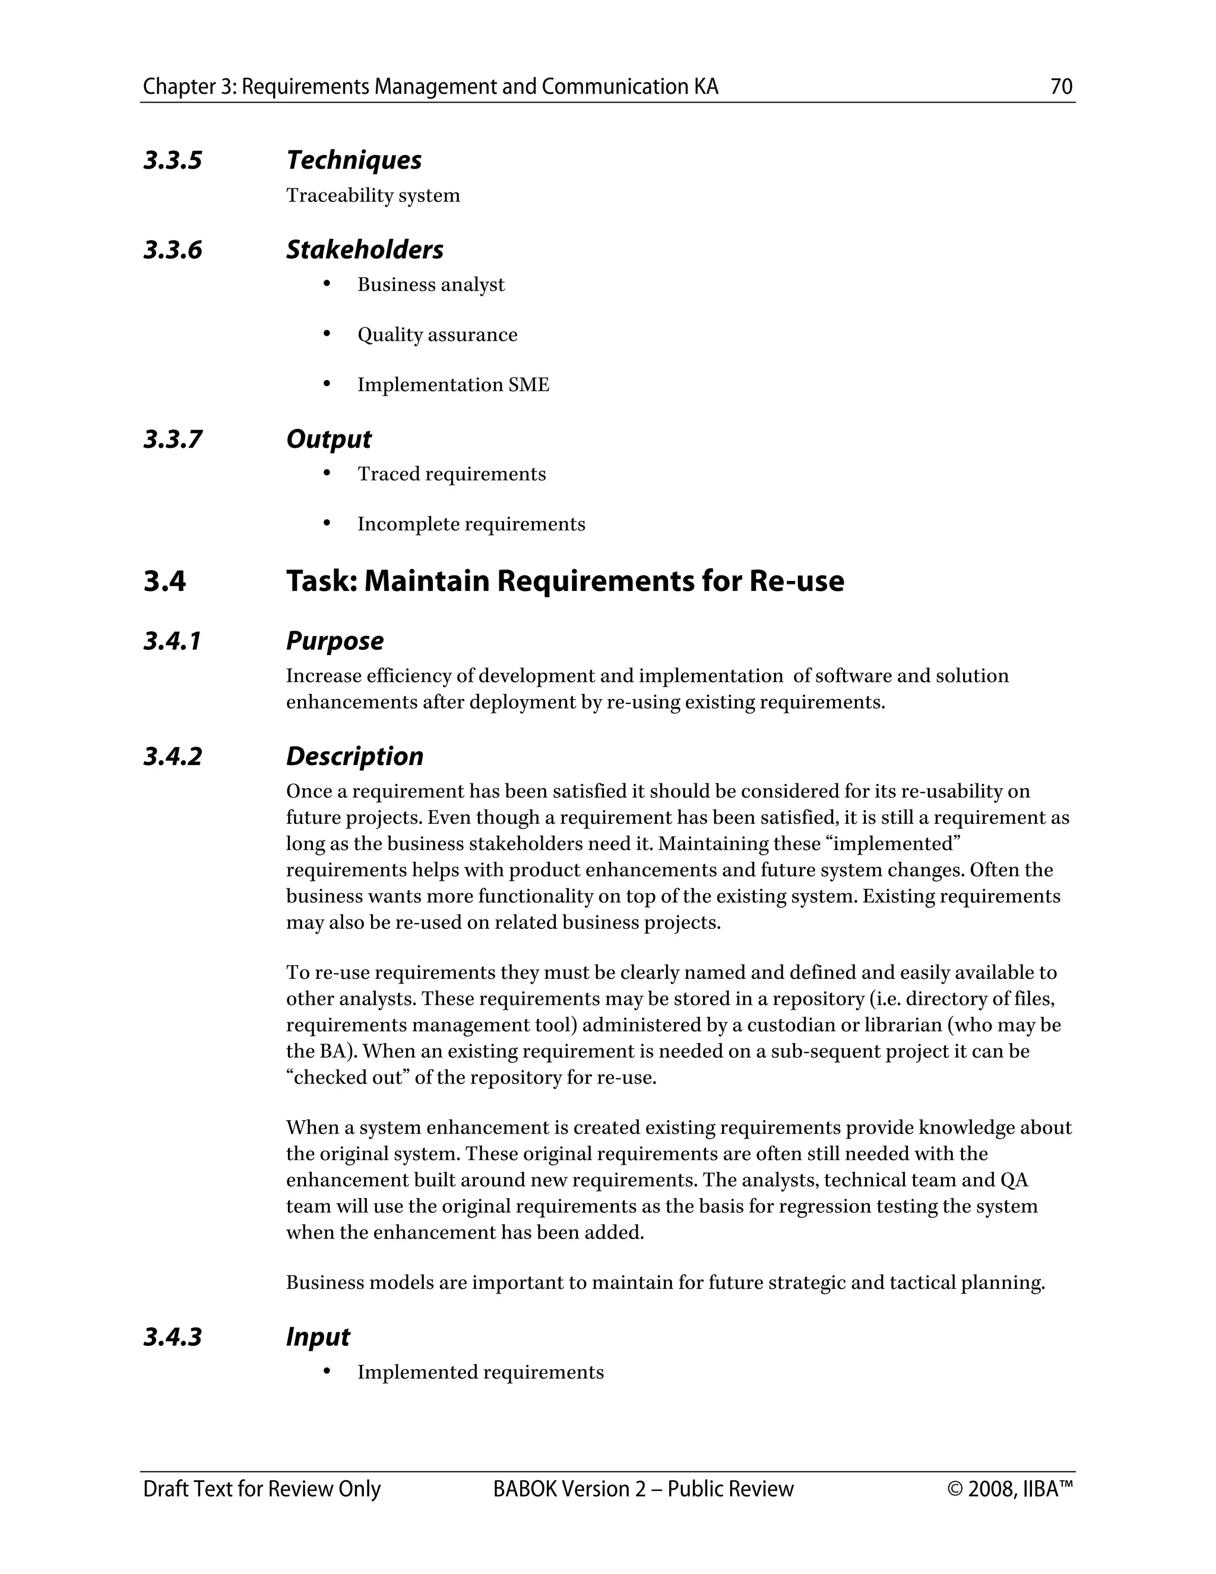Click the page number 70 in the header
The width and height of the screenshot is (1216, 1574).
tap(1061, 87)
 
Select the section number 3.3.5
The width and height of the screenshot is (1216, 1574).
tap(173, 160)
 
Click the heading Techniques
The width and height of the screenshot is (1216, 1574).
tap(354, 160)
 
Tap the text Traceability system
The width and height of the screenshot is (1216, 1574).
tap(372, 195)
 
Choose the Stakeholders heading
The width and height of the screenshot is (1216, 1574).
tap(365, 249)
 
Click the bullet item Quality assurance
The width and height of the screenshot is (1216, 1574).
tap(437, 334)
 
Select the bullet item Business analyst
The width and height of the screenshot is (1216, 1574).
tap(431, 285)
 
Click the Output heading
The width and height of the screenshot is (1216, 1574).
tap(328, 439)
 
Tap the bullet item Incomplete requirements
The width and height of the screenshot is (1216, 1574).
tap(471, 524)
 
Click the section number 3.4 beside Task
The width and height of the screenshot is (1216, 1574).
tap(164, 581)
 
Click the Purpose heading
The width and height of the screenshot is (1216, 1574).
tap(334, 641)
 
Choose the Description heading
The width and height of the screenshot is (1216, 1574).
tap(354, 756)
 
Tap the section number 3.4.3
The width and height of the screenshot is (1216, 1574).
tap(173, 1337)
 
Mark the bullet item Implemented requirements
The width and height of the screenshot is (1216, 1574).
tap(480, 1372)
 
